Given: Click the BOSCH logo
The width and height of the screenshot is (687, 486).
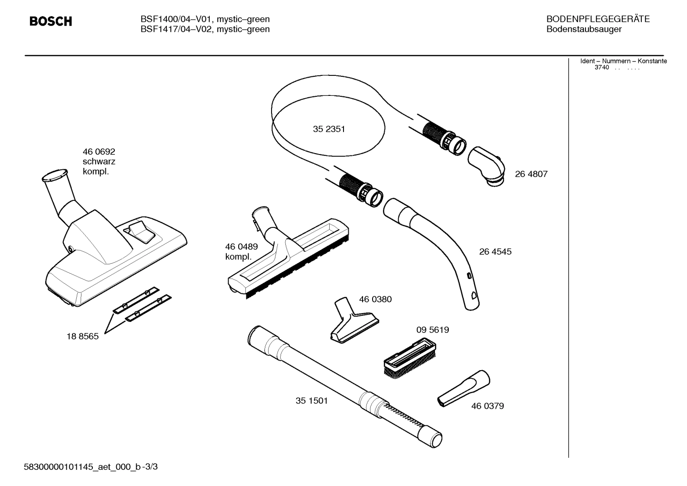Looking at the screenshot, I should click(51, 21).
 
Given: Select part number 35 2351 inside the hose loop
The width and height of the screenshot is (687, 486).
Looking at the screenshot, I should click(329, 129).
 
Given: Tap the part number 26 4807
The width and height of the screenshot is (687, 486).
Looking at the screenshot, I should click(531, 174).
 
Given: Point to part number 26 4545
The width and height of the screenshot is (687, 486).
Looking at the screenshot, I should click(495, 252).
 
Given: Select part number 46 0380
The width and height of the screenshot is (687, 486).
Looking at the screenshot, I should click(375, 300).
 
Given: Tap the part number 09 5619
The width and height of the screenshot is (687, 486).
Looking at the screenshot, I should click(432, 330).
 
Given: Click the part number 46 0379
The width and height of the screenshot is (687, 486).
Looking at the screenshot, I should click(487, 406).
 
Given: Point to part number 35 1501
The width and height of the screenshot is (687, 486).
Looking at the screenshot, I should click(312, 401).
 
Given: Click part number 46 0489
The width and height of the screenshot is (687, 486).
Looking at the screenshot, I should click(241, 247).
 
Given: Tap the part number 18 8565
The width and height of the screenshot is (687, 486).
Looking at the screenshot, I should click(82, 336).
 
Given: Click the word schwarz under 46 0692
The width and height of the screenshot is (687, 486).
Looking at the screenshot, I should click(99, 162).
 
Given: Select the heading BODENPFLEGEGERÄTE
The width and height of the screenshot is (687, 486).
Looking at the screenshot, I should click(597, 19).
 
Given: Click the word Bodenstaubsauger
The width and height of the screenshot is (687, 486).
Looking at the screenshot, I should click(584, 29).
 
